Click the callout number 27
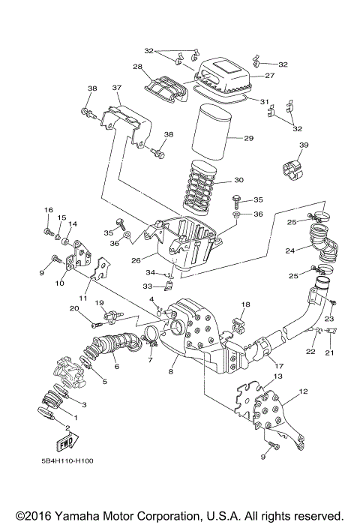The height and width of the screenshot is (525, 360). click(x=270, y=76)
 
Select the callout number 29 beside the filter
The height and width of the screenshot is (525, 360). click(x=249, y=139)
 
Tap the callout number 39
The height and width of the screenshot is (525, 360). click(x=304, y=145)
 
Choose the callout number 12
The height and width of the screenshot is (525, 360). click(x=304, y=391)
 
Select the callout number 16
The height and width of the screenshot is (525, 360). click(x=48, y=209)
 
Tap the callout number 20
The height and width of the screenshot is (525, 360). click(x=74, y=309)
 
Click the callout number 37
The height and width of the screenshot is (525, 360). click(x=116, y=88)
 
